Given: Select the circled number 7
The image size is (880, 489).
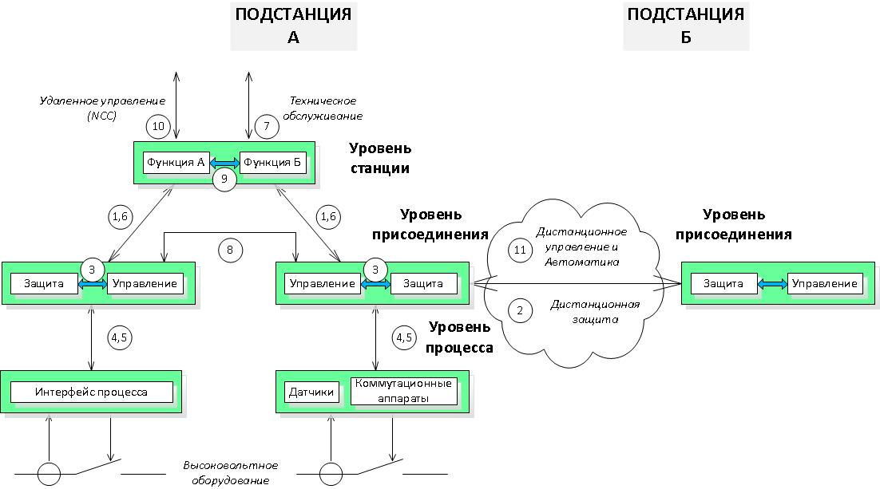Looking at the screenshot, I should [266, 126].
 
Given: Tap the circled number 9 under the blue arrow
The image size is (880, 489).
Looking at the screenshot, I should [224, 179].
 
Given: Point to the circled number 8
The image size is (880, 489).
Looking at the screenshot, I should [231, 250].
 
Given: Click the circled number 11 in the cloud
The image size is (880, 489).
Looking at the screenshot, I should [520, 250].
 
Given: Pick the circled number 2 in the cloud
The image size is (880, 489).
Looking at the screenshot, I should [520, 312].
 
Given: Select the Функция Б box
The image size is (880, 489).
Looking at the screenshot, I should [273, 162].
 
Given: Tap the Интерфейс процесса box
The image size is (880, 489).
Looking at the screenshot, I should [92, 392].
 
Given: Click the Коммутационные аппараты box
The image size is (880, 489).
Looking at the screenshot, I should [405, 391].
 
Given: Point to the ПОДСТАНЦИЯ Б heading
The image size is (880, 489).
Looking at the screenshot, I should [686, 26].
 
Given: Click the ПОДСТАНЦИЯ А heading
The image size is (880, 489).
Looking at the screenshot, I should [292, 26].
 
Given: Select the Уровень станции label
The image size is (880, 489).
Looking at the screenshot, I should [380, 158].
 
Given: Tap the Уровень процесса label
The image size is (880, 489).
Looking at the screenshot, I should [461, 337].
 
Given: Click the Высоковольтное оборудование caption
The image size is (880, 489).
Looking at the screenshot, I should [231, 472].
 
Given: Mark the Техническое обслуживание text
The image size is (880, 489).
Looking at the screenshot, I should [324, 108].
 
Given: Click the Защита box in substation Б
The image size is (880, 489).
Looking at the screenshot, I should [723, 283].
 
